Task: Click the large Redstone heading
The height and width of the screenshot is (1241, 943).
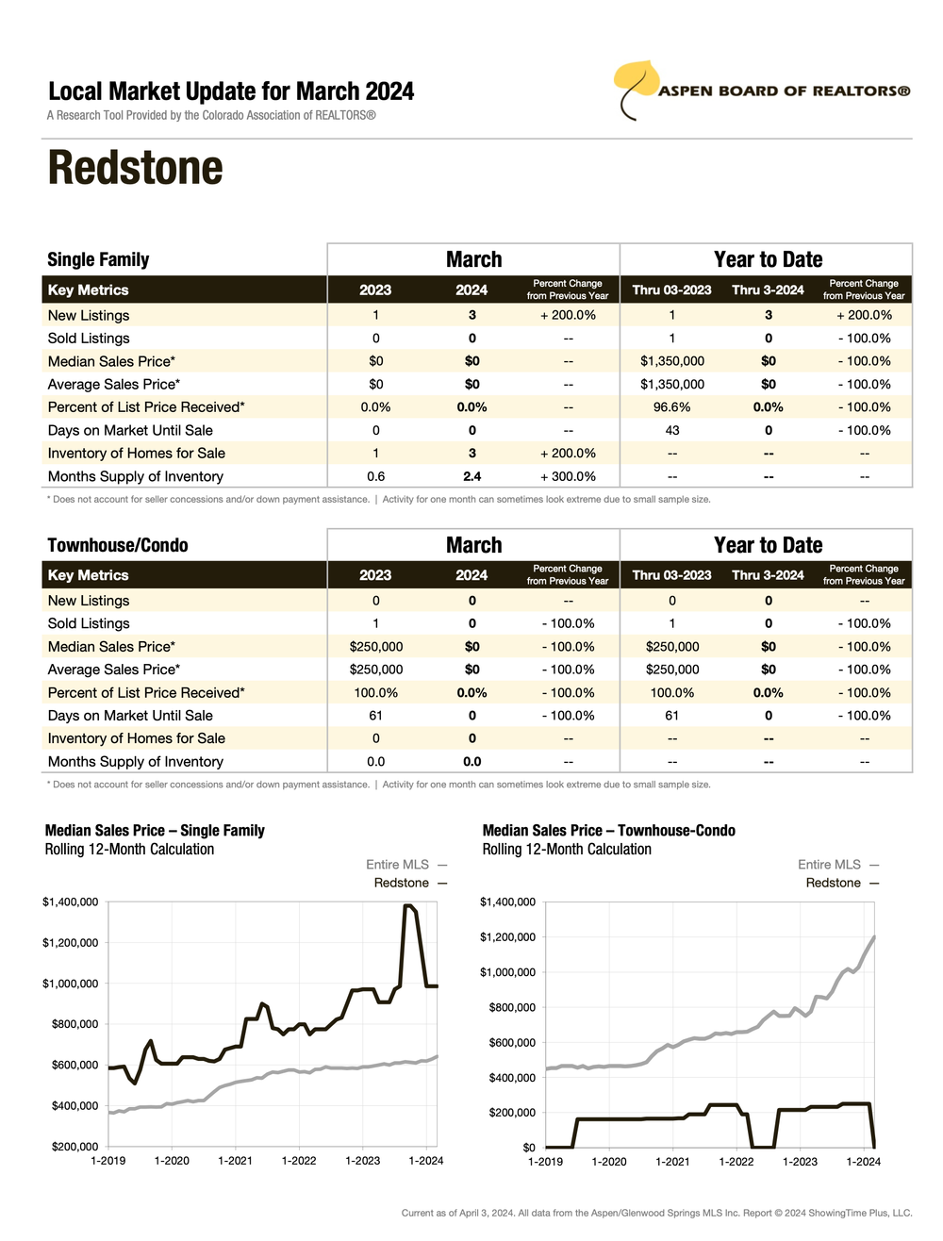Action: [x=136, y=168]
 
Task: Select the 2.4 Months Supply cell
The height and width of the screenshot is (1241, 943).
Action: [x=471, y=476]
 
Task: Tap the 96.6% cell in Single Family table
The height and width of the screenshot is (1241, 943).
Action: [x=671, y=407]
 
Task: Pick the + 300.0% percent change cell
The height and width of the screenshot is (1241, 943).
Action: [x=568, y=476]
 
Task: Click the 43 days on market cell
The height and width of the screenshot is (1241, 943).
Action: [x=671, y=430]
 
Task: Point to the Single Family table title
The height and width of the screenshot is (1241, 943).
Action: [x=98, y=259]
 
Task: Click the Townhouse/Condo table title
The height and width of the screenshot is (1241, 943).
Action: [x=118, y=545]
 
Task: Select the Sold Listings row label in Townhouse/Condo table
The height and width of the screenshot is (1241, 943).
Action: [x=89, y=623]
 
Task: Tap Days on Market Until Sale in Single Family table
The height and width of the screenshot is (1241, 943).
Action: [x=130, y=430]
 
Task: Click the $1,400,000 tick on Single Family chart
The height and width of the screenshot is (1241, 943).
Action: [x=70, y=902]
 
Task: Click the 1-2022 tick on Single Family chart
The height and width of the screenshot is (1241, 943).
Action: [x=299, y=1161]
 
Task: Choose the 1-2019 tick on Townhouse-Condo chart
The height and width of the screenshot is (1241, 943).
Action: [x=545, y=1162]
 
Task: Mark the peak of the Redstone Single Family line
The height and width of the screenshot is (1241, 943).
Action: [x=408, y=906]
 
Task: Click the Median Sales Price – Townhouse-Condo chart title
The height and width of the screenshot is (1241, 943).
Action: [x=608, y=831]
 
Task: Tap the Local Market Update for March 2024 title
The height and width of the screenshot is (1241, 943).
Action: [x=231, y=91]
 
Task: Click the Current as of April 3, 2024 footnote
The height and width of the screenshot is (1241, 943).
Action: [x=656, y=1213]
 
